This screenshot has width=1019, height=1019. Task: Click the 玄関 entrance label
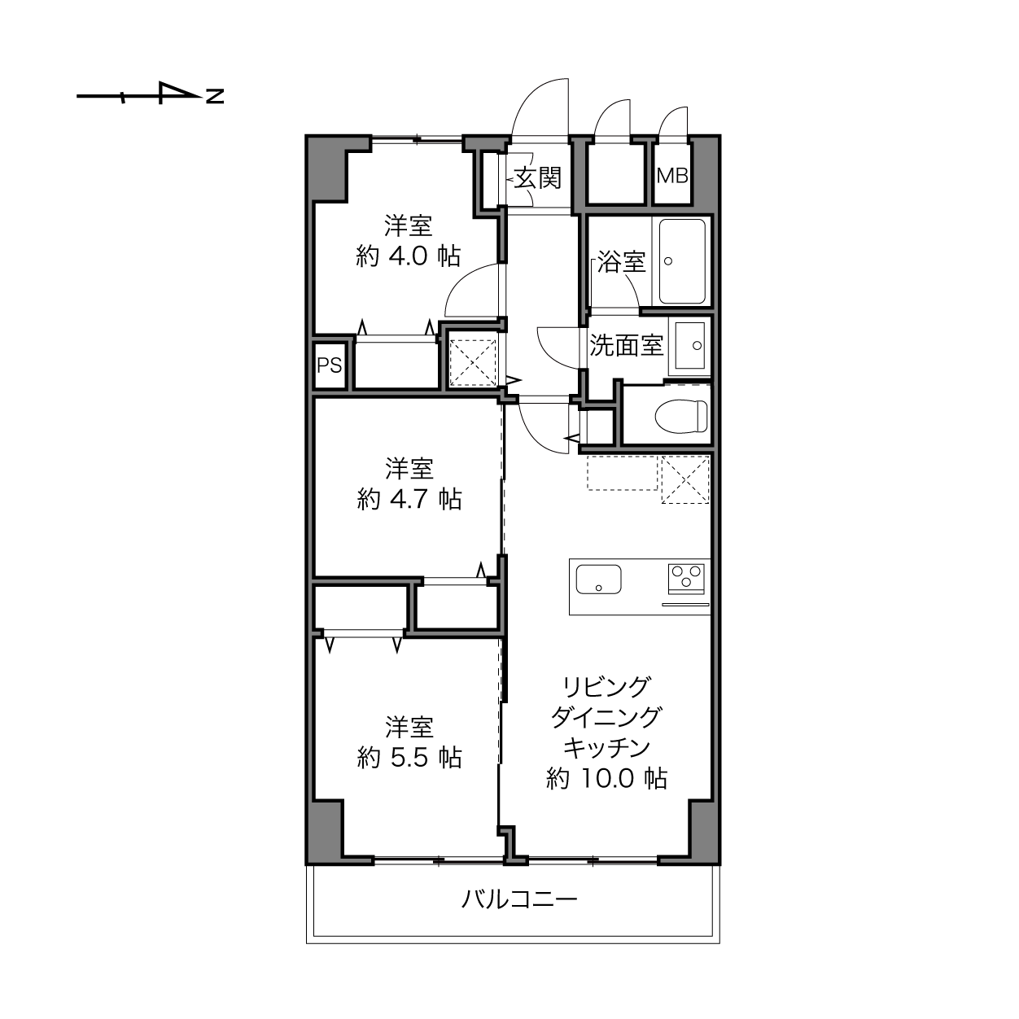(538, 177)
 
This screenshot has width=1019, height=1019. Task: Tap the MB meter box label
(672, 176)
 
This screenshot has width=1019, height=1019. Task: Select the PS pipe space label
(329, 365)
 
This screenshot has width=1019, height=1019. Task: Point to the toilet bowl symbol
(681, 417)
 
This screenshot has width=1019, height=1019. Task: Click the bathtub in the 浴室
(682, 262)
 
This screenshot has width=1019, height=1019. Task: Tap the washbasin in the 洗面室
(690, 345)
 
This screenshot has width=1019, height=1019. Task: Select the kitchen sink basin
(598, 579)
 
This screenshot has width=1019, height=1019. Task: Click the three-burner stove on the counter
(686, 579)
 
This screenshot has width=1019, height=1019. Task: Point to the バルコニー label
(519, 899)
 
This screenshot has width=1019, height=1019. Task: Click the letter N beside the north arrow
(215, 96)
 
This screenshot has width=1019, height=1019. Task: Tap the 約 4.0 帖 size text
(409, 256)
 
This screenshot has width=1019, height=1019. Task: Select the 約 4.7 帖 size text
(409, 499)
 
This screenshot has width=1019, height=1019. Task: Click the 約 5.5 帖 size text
(409, 758)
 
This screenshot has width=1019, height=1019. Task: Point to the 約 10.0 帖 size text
(606, 778)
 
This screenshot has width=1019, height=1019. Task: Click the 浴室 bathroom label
(621, 262)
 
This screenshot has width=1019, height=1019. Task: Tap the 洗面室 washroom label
(626, 345)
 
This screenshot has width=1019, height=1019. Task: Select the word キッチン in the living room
(606, 747)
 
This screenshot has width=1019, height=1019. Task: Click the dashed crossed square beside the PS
(473, 363)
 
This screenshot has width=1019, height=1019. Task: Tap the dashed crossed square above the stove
(684, 479)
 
